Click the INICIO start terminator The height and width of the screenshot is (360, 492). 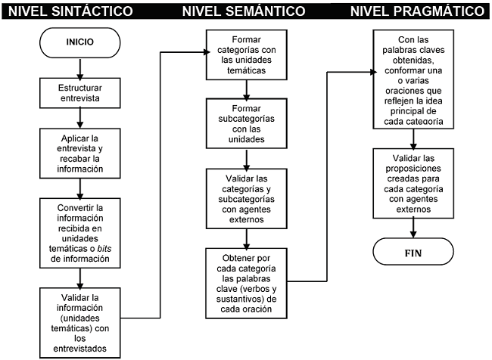click(x=79, y=42)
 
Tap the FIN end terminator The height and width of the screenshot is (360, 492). click(x=413, y=253)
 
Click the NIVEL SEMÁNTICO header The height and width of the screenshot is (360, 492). click(x=244, y=11)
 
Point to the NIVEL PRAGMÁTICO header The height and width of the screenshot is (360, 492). click(x=418, y=11)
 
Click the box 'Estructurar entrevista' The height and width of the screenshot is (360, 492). click(x=79, y=93)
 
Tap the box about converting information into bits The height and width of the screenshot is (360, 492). click(x=79, y=232)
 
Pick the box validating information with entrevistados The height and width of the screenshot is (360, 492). click(x=79, y=321)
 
